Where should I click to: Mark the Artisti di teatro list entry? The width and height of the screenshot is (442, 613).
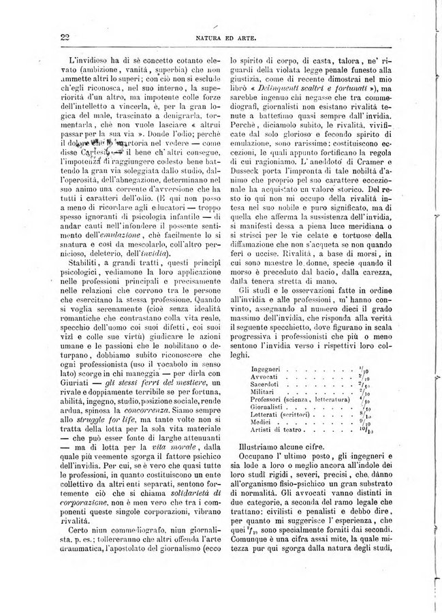click(x=276, y=440)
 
